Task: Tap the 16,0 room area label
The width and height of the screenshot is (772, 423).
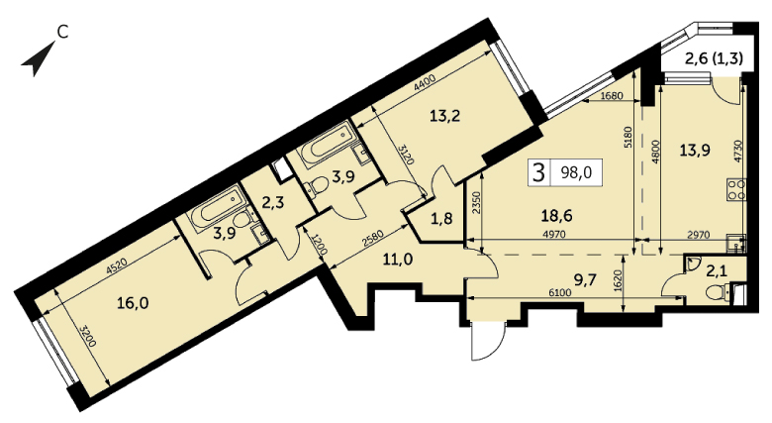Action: tap(133, 303)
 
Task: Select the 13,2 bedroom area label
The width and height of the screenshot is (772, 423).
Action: tap(444, 116)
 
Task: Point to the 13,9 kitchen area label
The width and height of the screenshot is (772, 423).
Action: tap(695, 150)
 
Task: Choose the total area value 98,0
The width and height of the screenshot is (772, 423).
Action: tap(577, 172)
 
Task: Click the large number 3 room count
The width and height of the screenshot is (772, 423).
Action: tap(539, 172)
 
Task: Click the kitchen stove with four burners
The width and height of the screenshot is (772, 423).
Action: tap(735, 190)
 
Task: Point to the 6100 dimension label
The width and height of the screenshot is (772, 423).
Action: tap(560, 293)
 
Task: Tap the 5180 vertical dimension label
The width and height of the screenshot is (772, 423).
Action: tap(627, 138)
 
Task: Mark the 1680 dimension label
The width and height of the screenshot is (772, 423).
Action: tap(612, 96)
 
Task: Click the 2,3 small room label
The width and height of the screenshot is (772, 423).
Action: tap(272, 203)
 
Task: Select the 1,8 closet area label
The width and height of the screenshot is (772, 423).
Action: tap(441, 218)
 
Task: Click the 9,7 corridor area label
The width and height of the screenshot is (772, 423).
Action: tap(585, 280)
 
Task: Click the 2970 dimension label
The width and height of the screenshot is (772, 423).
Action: tap(699, 235)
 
